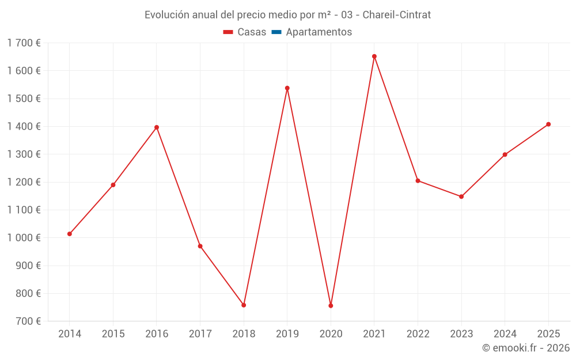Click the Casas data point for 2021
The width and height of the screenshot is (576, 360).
click(374, 56)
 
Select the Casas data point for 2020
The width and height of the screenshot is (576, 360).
click(331, 306)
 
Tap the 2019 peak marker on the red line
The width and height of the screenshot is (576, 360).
click(287, 88)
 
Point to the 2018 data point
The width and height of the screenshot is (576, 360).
click(244, 305)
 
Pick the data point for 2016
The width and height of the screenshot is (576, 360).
click(157, 127)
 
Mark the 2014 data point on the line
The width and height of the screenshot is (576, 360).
click(70, 234)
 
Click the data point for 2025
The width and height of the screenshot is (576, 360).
click(548, 124)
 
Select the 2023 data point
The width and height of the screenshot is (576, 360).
click(461, 196)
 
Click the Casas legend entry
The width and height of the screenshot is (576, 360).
click(245, 32)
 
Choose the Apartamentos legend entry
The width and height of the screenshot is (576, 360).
click(319, 32)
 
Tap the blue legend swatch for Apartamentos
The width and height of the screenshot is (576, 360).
click(276, 32)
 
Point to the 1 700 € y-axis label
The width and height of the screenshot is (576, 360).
click(24, 43)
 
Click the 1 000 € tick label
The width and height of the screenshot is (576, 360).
click(24, 238)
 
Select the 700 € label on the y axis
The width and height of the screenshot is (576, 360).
click(28, 321)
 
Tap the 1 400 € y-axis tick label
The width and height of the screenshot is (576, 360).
click(24, 127)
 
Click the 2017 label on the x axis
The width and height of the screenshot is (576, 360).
click(200, 334)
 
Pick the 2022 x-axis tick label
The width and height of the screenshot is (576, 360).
click(418, 334)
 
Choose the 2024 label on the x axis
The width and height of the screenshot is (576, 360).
click(505, 334)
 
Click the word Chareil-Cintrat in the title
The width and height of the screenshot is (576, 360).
click(396, 15)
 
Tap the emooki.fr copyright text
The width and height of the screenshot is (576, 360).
click(526, 348)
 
